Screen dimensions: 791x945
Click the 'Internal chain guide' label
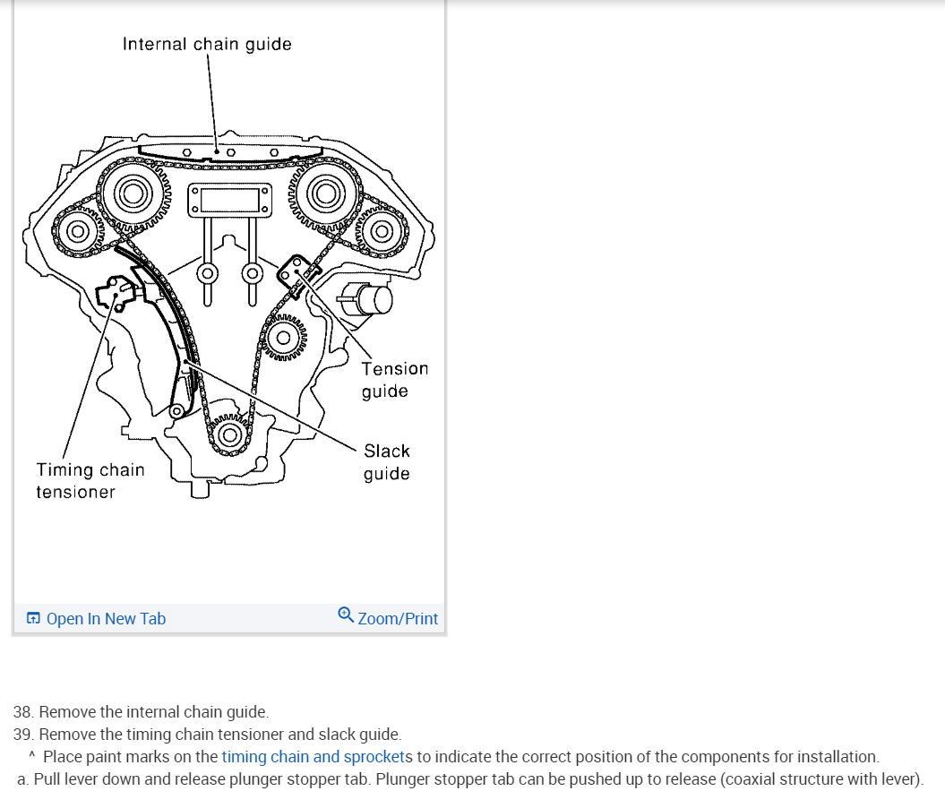(207, 44)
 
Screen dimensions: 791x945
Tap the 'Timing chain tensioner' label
(90, 480)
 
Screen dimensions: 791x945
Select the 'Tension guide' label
(394, 380)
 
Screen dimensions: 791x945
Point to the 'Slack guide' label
(386, 462)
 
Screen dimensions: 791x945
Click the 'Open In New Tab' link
(105, 619)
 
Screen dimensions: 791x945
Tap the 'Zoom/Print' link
(398, 619)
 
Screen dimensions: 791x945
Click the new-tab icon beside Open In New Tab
(33, 619)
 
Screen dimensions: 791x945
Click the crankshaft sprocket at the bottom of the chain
(230, 436)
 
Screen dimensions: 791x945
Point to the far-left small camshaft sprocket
(78, 232)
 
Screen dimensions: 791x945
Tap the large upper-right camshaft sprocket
(323, 192)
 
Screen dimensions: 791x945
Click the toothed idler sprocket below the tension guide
(284, 339)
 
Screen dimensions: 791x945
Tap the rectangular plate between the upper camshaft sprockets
(228, 199)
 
